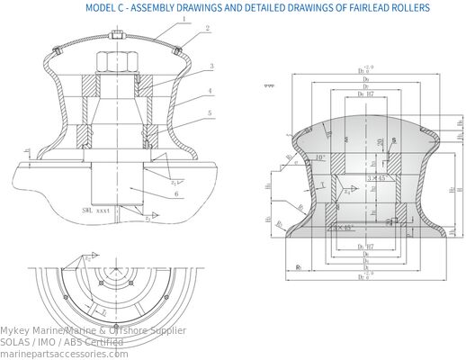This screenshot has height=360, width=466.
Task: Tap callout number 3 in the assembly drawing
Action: tap(210, 67)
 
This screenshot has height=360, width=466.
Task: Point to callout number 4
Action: tap(210, 91)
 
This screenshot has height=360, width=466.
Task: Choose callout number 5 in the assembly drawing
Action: tap(210, 113)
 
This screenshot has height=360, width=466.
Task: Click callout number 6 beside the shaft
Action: tap(176, 193)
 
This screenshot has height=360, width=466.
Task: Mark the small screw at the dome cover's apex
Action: tap(119, 37)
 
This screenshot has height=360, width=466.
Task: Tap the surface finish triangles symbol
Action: tap(267, 87)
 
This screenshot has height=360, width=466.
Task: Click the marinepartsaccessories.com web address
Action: tap(64, 354)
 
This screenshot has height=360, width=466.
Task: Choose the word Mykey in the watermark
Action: tap(15, 330)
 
